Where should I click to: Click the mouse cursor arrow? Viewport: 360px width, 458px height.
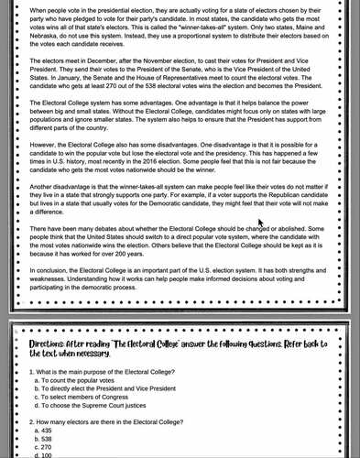[261, 223]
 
